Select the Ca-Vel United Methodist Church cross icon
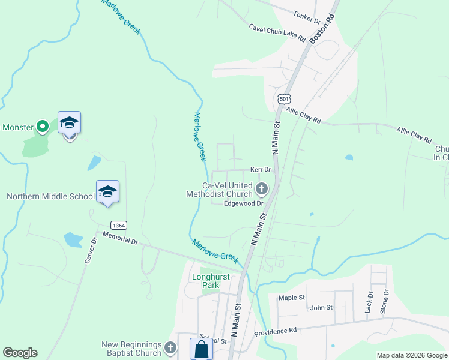pos(261,190)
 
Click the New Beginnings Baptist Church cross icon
pos(170,348)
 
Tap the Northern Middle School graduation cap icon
pos(107,191)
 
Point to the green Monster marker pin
pos(42,127)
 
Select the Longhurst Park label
pos(206,281)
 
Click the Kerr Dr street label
pos(261,170)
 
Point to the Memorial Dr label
pos(120,237)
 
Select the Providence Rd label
pos(276,332)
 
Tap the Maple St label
pos(292,298)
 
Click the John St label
pos(321,308)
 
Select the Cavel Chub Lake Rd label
pos(278,33)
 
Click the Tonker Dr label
pos(307,17)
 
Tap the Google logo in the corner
pos(20,353)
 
